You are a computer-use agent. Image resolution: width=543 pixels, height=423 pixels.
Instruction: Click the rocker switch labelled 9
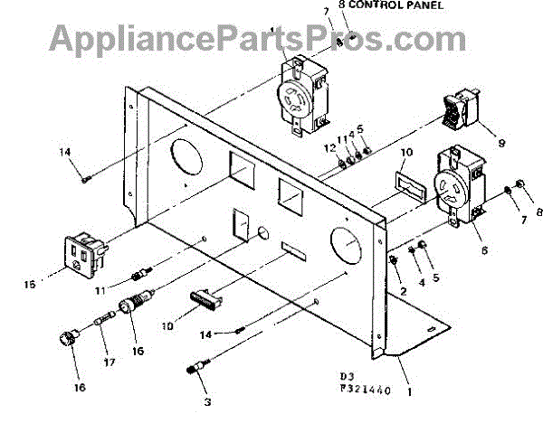[x=460, y=114]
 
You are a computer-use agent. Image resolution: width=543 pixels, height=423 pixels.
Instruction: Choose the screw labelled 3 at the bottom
[x=202, y=371]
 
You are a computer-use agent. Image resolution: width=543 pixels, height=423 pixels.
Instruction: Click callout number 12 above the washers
[x=331, y=146]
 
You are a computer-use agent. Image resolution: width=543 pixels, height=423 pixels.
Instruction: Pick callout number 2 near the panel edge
[x=402, y=292]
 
